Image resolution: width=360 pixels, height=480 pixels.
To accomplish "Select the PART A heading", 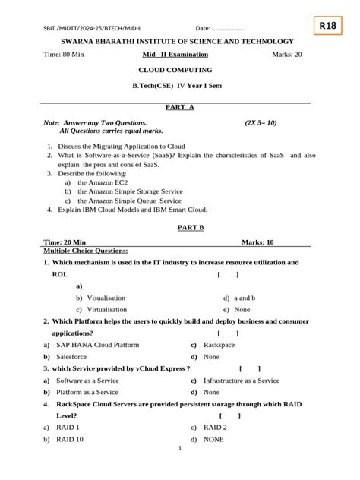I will pos(180,107).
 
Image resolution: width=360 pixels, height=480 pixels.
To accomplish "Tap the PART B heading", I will pos(179,227).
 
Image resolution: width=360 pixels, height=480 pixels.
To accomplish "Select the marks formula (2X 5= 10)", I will pos(261,122).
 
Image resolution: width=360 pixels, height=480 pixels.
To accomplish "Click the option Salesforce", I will pos(71,356).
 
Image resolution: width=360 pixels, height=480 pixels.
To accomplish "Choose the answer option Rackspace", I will pos(219,345).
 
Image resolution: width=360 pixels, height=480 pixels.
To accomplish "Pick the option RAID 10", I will pos(70,439).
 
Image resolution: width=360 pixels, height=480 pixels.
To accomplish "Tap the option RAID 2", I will pos(215,428).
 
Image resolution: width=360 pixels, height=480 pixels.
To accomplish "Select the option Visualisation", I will pos(106,298).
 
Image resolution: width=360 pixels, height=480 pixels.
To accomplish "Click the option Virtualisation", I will pos(107,310).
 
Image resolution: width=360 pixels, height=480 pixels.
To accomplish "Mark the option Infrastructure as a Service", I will pos(242,381).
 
